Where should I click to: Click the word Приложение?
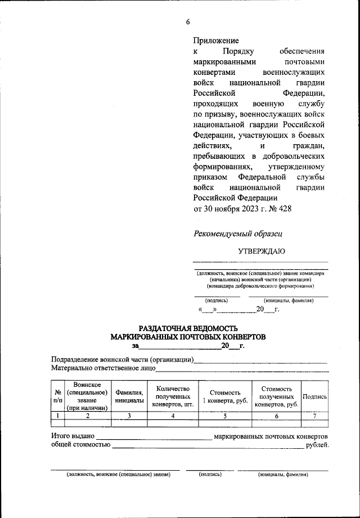[x=216, y=41]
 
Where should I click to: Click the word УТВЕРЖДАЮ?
[x=261, y=251]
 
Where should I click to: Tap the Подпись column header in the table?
[x=315, y=396]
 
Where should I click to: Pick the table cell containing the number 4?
[x=173, y=416]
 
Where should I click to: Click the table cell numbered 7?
[x=315, y=416]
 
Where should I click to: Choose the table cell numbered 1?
[x=57, y=416]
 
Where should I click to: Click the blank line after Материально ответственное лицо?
[x=242, y=370]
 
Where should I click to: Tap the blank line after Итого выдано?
[x=154, y=437]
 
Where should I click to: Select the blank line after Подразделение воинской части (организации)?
[x=261, y=361]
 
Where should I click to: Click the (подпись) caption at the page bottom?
[x=210, y=475]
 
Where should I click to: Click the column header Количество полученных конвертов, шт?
[x=173, y=396]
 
